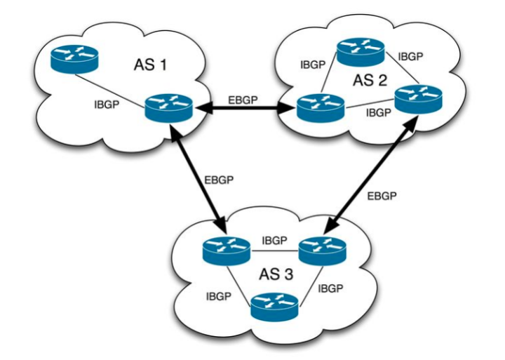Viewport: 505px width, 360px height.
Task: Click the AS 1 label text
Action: [x=151, y=67]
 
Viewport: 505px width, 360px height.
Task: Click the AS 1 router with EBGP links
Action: [x=168, y=109]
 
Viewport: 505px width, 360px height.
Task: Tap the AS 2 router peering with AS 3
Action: [x=417, y=98]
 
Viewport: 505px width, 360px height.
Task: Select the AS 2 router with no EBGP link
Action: [x=360, y=51]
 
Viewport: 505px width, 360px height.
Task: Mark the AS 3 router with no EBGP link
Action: [x=274, y=304]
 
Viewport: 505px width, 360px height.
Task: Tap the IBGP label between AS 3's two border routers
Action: [x=274, y=240]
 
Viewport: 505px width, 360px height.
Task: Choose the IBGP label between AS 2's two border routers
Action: [x=377, y=112]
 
